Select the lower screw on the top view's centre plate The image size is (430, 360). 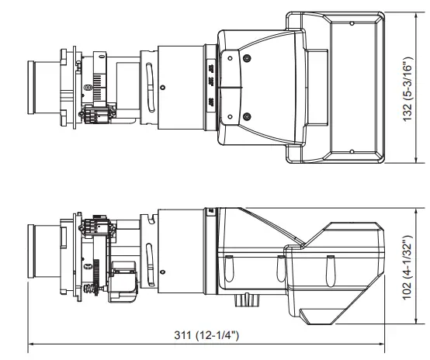pyautogui.click(x=246, y=116)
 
